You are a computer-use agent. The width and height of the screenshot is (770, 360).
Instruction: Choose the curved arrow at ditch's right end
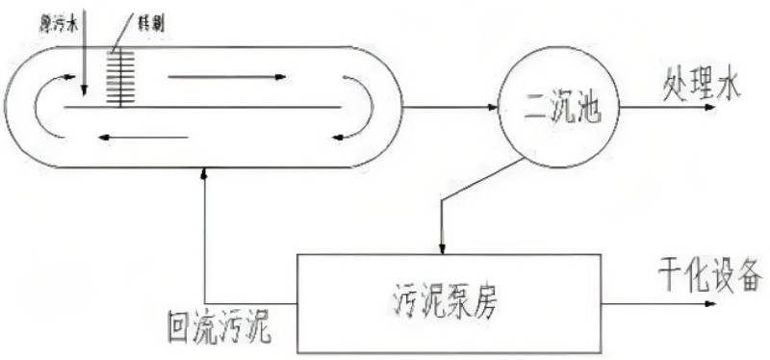[x=358, y=108]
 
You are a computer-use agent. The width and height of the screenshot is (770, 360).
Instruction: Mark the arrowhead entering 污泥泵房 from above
[x=442, y=245]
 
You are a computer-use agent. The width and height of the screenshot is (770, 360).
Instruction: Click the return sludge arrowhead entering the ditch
[x=205, y=174]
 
